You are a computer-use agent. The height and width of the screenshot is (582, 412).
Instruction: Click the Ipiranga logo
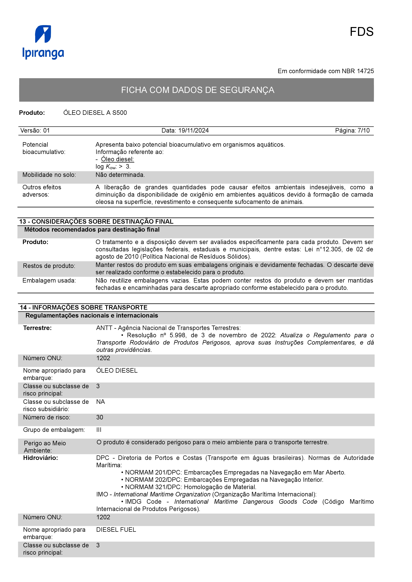(43, 42)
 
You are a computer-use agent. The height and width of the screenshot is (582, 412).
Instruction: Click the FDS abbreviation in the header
(361, 32)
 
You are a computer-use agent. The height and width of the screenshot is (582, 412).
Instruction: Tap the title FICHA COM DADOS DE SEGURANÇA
(197, 90)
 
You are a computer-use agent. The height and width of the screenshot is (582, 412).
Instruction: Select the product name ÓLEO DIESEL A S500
(95, 113)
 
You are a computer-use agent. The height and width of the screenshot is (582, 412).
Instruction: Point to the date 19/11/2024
(193, 131)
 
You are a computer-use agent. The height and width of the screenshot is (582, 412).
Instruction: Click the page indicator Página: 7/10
(352, 131)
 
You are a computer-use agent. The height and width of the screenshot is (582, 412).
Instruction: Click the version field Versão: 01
(35, 131)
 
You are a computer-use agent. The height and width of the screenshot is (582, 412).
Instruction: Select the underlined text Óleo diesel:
(117, 159)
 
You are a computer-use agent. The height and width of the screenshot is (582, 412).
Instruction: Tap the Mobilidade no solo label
(49, 175)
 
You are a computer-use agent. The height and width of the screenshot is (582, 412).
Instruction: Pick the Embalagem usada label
(49, 281)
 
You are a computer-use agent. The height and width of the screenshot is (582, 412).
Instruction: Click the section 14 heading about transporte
(84, 307)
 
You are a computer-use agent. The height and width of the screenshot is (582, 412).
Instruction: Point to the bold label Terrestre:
(37, 328)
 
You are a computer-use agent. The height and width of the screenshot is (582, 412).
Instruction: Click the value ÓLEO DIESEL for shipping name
(117, 371)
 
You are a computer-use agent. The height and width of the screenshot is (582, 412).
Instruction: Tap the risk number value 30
(100, 417)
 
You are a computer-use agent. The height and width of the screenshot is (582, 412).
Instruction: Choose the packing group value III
(99, 430)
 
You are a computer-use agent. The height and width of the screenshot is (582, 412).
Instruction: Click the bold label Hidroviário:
(40, 458)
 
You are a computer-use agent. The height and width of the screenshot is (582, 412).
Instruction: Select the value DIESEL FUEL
(116, 530)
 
